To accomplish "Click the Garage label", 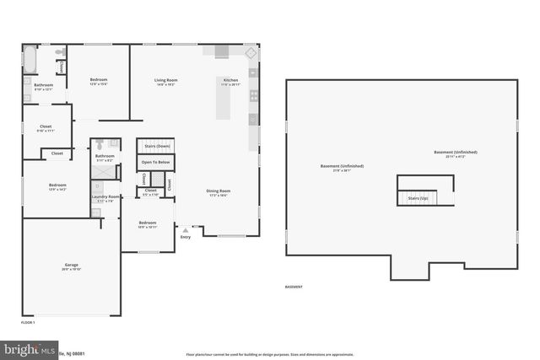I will [71, 266].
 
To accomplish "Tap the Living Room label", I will [165, 81].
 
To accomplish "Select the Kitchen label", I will [230, 81].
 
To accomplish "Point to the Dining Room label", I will [219, 191].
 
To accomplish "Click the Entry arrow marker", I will [186, 230].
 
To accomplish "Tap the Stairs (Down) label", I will [155, 146].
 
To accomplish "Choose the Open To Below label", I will [155, 162].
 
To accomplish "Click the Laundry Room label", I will [105, 198].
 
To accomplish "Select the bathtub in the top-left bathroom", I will [31, 60].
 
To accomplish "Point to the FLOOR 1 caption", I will [28, 322].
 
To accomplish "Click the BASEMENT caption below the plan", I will [294, 287].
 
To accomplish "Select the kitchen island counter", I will [224, 102].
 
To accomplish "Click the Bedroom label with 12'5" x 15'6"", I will [99, 81].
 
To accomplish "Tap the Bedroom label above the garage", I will [57, 186].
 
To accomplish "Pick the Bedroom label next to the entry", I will [147, 224].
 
